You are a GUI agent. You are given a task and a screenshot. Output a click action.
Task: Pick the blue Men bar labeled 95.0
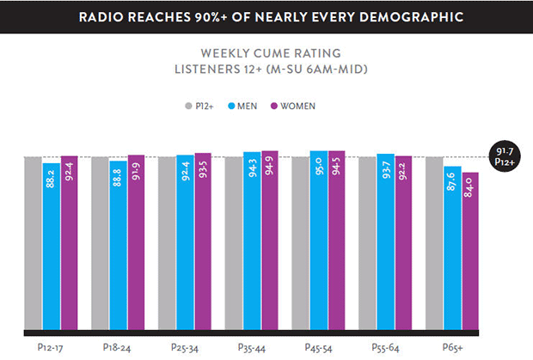tap(318, 241)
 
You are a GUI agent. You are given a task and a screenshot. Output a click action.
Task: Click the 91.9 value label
tap(136, 169)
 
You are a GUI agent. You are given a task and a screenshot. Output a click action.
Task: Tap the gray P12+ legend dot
tap(188, 107)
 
